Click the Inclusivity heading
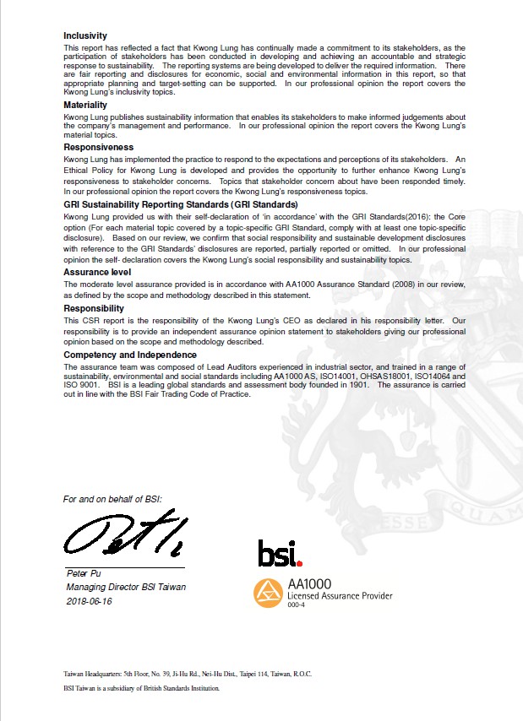tap(85, 35)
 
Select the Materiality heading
tap(85, 105)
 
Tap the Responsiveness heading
tap(99, 147)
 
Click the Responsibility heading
tap(95, 309)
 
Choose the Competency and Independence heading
tap(131, 355)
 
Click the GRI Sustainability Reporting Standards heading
tap(180, 205)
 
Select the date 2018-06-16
tap(89, 601)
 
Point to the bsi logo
tap(279, 554)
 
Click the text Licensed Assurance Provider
tap(340, 596)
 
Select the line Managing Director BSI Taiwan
tap(126, 588)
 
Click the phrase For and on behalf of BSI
tap(112, 500)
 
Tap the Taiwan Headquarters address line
tap(188, 674)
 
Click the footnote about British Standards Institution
tap(142, 688)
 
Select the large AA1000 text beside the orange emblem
tap(310, 583)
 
